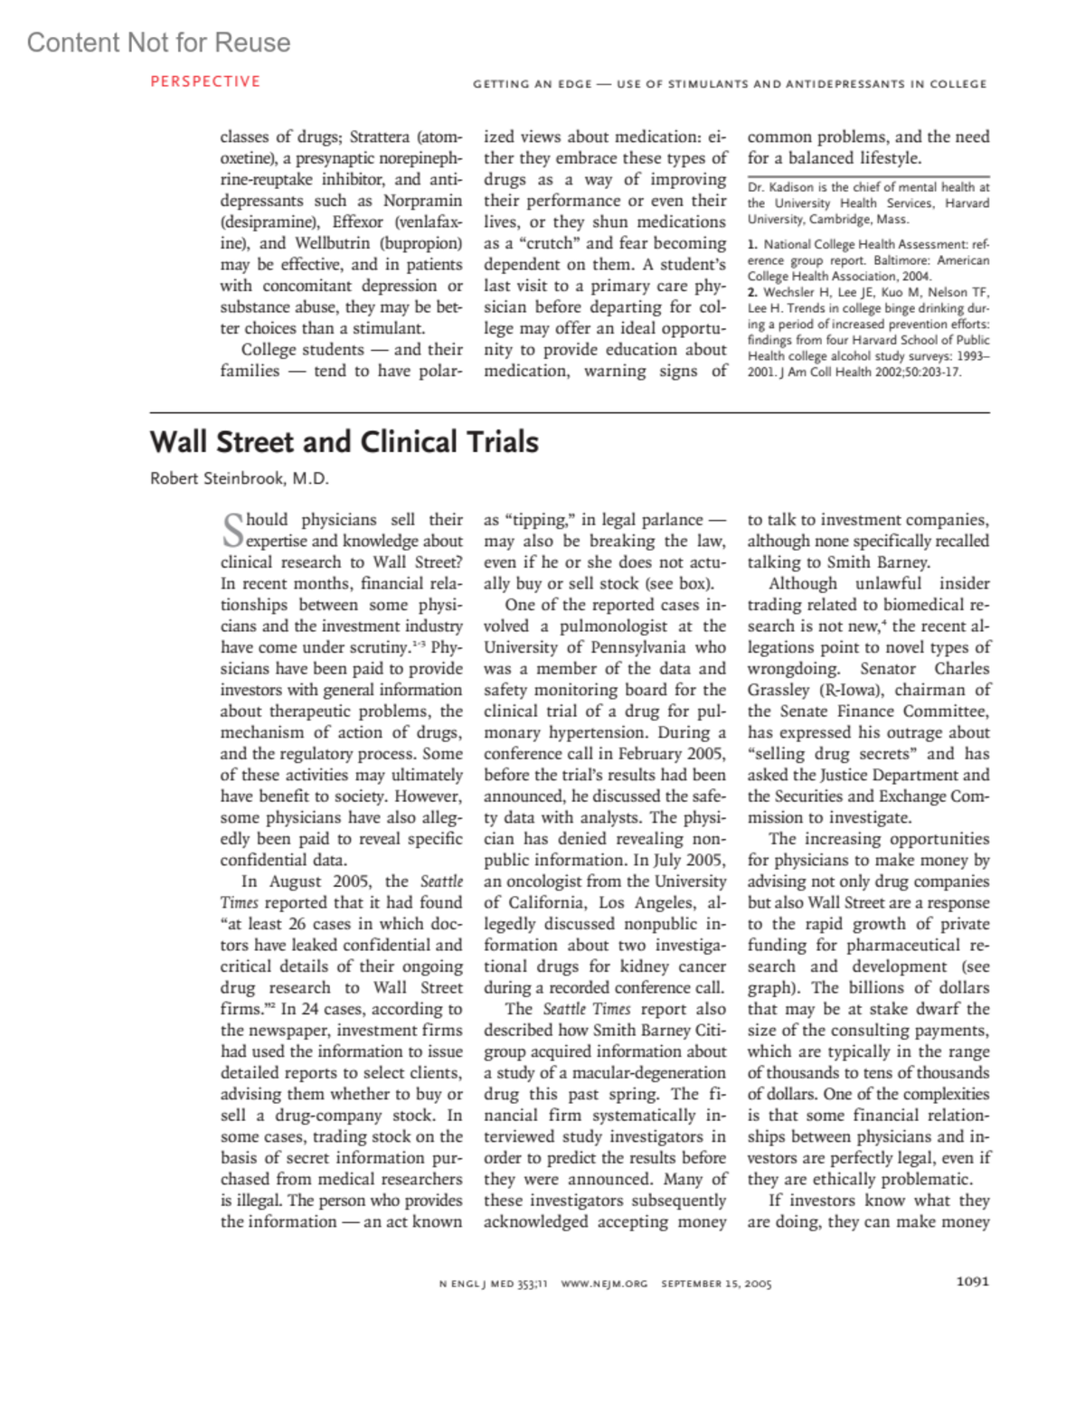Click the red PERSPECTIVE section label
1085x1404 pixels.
tap(205, 81)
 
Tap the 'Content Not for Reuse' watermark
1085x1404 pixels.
tap(159, 42)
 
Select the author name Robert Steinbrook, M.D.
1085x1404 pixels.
tap(240, 478)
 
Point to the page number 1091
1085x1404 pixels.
tap(972, 1281)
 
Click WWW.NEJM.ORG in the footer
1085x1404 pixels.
tap(604, 1284)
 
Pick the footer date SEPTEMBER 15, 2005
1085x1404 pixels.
tap(716, 1284)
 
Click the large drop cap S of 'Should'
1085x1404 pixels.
tap(232, 530)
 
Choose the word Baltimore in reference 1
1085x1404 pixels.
tap(903, 260)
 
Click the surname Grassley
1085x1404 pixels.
tap(778, 691)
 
